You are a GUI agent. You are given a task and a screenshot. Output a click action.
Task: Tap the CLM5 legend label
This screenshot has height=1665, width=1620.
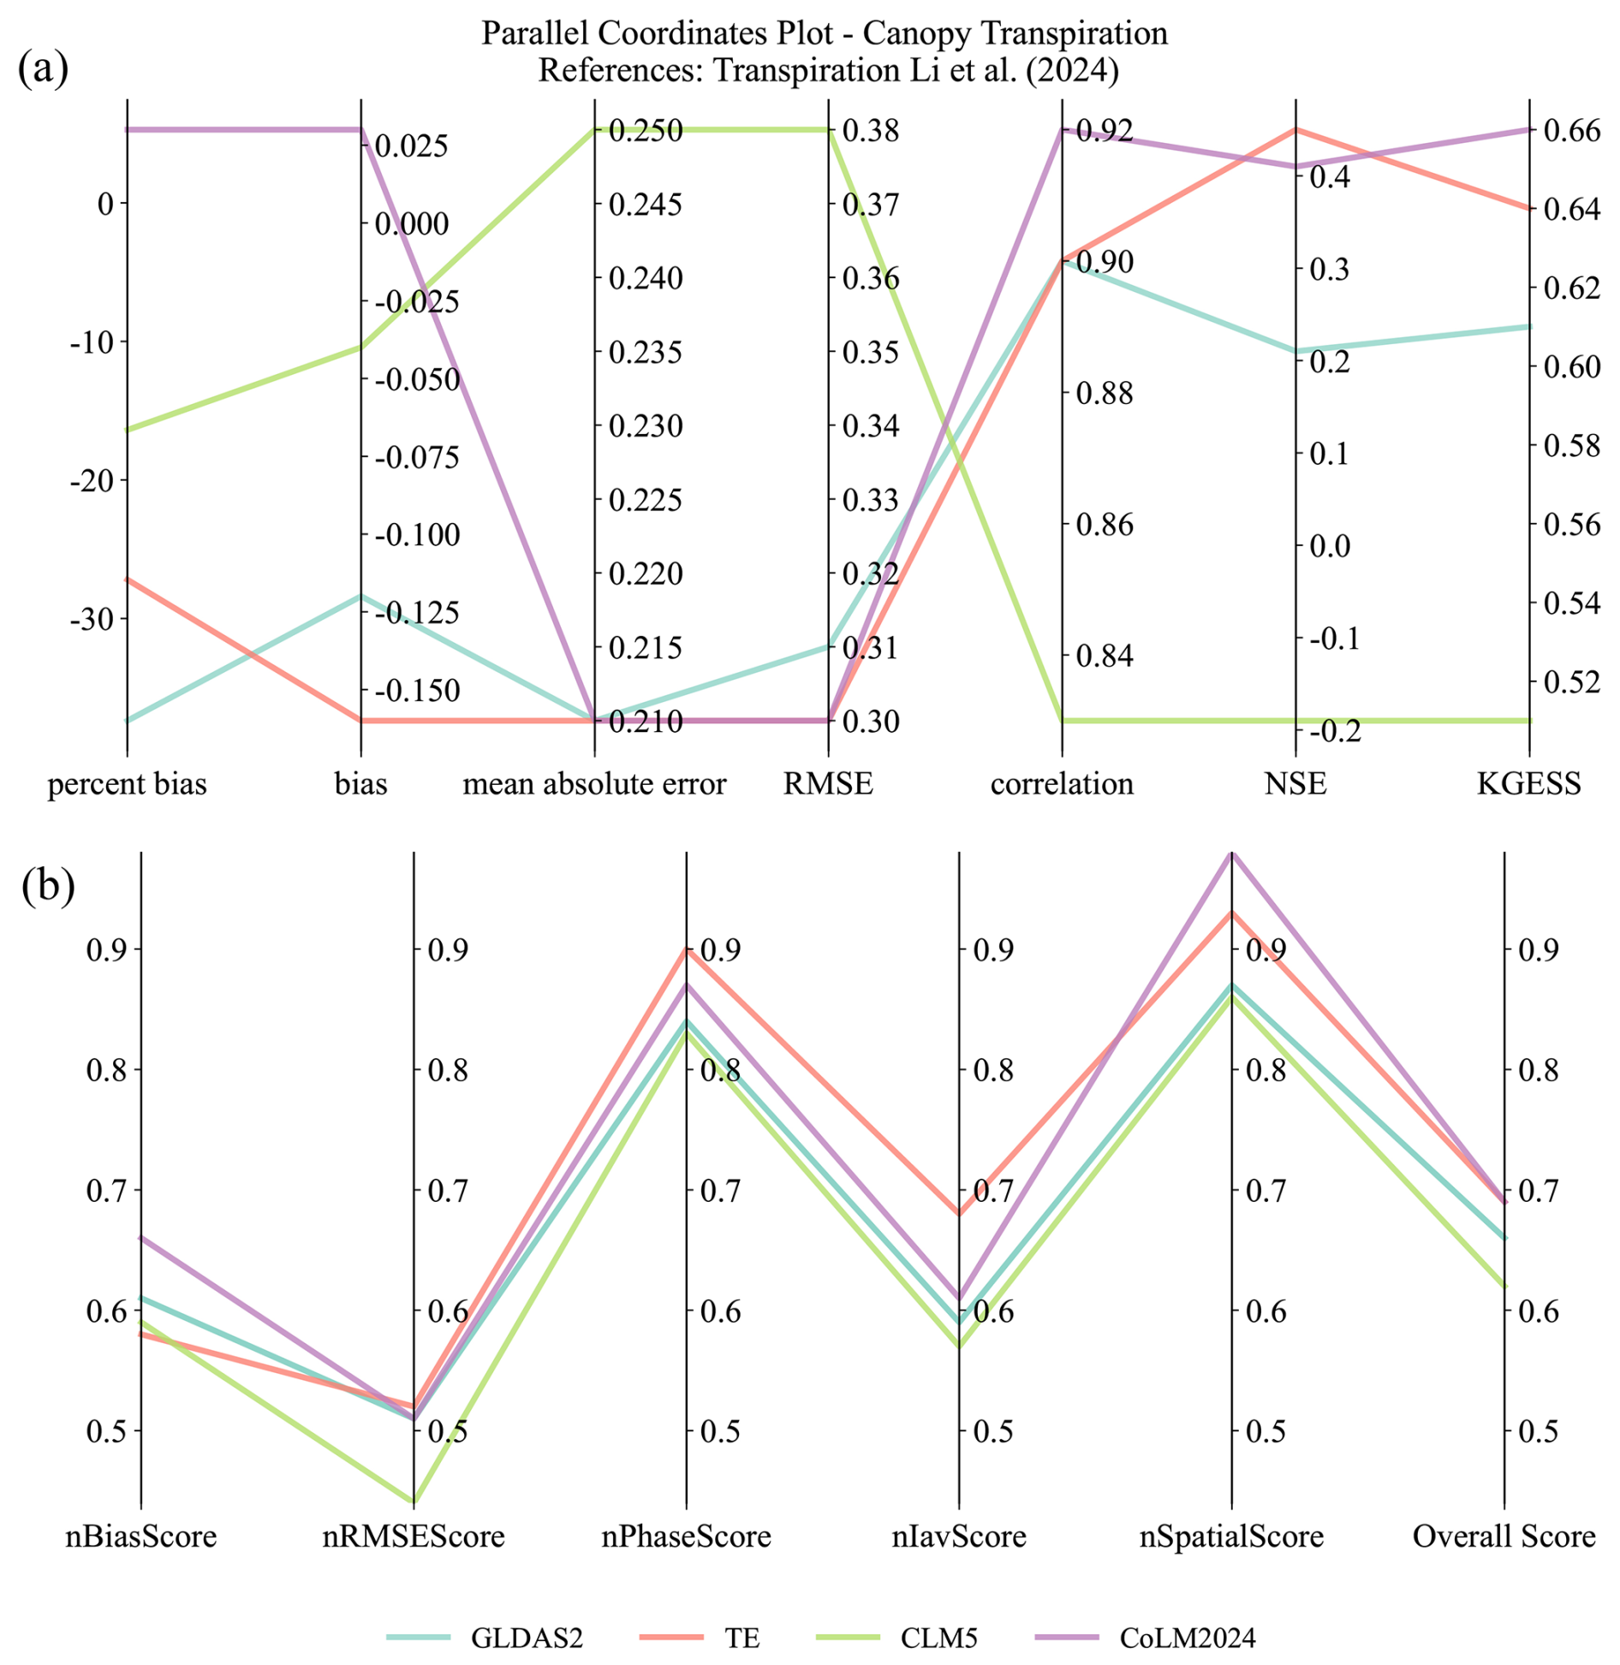click(x=938, y=1637)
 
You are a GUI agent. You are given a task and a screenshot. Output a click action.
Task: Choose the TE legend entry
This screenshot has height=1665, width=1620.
click(x=742, y=1637)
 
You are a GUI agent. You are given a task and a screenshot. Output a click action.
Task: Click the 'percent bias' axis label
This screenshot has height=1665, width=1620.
click(x=127, y=783)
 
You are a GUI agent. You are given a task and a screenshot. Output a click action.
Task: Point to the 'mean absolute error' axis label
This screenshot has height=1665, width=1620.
click(x=594, y=783)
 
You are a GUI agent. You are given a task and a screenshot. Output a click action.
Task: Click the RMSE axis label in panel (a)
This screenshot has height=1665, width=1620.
click(x=828, y=783)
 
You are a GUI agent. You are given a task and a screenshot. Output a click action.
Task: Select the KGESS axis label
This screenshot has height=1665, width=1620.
click(x=1528, y=783)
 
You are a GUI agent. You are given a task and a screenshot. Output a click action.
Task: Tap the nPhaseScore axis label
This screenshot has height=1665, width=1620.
click(x=686, y=1536)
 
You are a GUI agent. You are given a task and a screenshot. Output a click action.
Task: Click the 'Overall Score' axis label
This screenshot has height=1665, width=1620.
click(x=1504, y=1536)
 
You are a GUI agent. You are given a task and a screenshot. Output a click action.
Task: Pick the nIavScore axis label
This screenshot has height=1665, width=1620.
click(x=958, y=1536)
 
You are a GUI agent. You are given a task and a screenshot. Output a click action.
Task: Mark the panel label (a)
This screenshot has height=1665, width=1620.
click(x=43, y=68)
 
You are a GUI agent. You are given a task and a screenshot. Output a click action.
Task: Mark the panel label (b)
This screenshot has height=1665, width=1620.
click(x=48, y=885)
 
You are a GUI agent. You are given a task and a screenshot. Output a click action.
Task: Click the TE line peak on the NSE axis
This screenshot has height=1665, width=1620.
click(x=1295, y=130)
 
